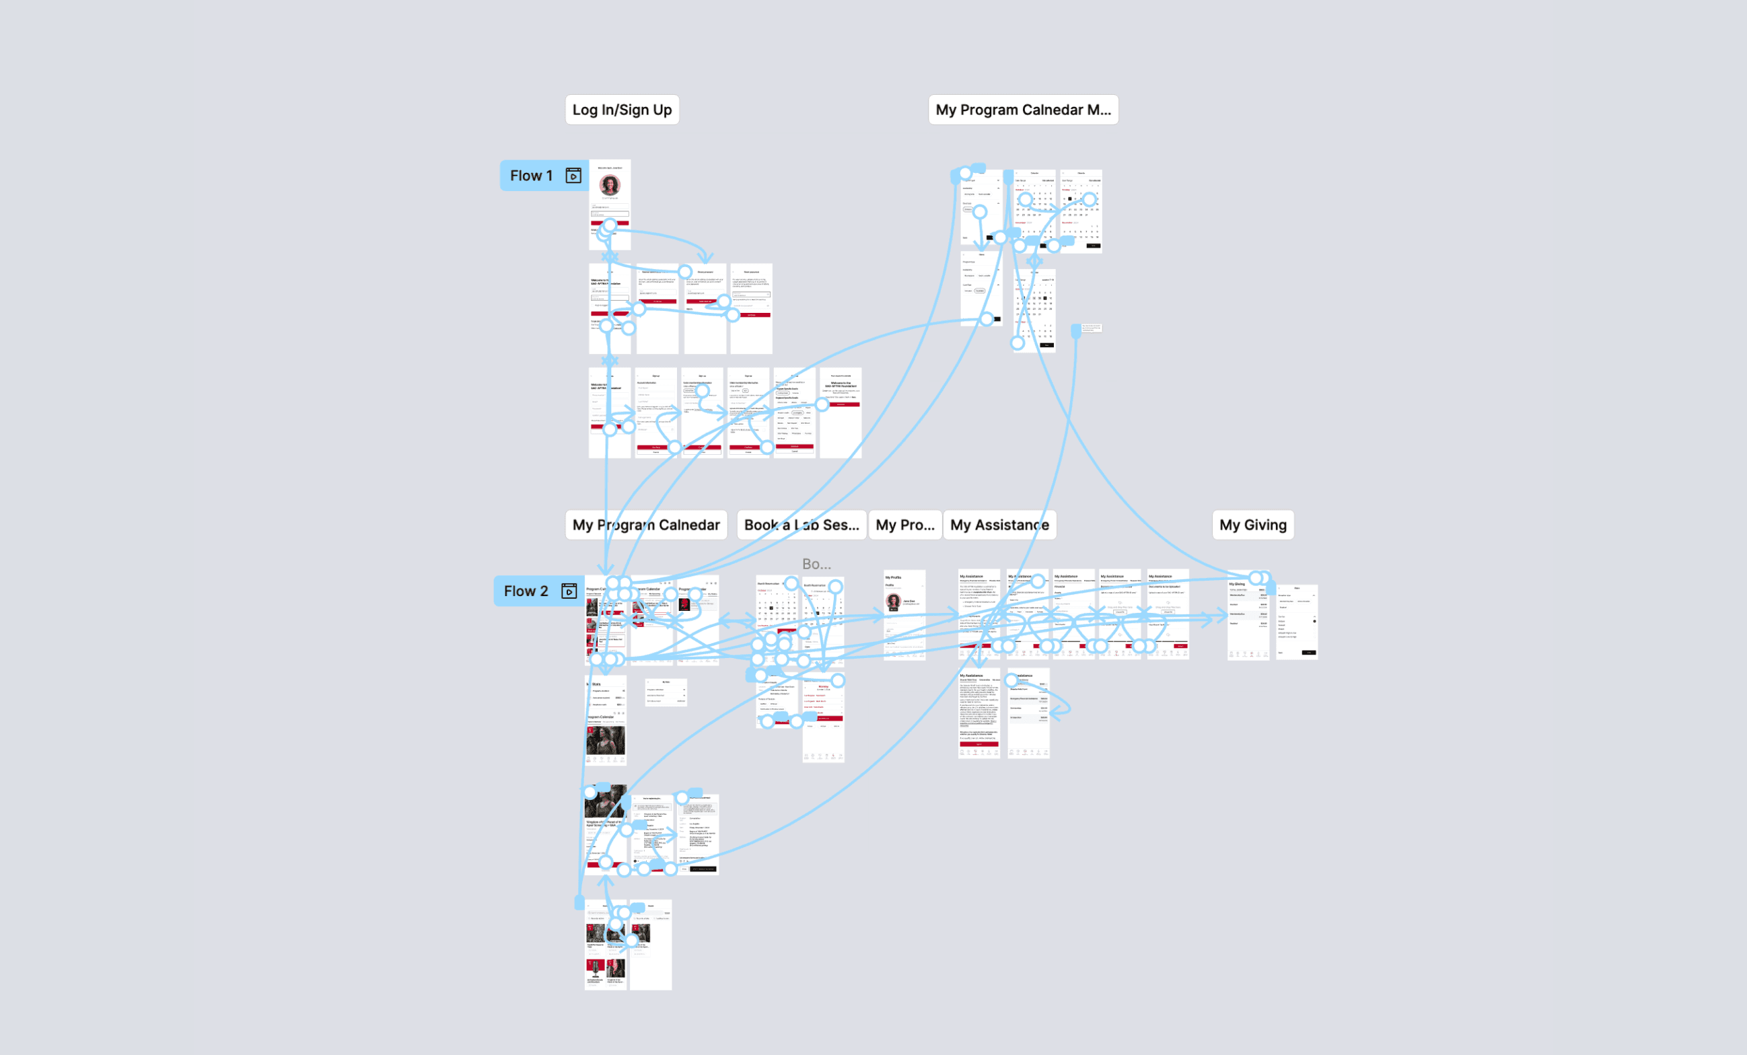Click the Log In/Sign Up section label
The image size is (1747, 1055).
click(622, 110)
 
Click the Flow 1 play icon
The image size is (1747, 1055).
click(573, 175)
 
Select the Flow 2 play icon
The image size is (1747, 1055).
click(569, 591)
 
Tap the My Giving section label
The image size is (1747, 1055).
click(1253, 525)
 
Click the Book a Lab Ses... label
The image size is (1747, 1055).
click(801, 525)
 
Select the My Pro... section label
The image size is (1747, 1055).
click(904, 525)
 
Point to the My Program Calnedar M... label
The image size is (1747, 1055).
click(1022, 110)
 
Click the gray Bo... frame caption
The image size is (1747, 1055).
click(816, 565)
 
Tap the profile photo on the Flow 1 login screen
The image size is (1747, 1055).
click(610, 185)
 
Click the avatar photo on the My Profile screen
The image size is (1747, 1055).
click(894, 602)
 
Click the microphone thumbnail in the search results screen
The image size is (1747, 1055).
click(595, 968)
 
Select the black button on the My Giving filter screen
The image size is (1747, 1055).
click(1309, 652)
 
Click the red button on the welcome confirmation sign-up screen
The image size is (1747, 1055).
click(841, 405)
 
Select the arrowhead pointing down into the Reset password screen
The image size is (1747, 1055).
click(705, 259)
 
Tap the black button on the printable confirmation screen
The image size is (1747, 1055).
click(703, 869)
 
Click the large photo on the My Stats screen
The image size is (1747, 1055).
click(606, 740)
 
